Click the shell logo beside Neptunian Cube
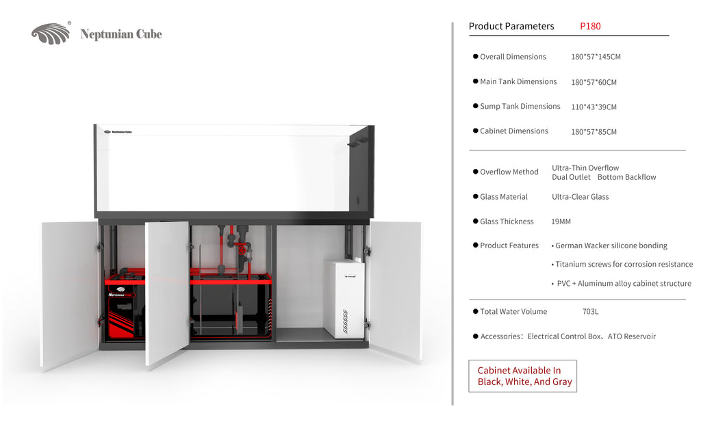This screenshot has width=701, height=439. pyautogui.click(x=51, y=34)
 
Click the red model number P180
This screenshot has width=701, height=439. pyautogui.click(x=590, y=27)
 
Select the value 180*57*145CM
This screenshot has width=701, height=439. pyautogui.click(x=596, y=57)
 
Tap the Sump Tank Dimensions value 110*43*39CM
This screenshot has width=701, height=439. pyautogui.click(x=594, y=107)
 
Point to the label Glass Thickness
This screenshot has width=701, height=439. pyautogui.click(x=507, y=222)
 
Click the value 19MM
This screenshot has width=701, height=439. pyautogui.click(x=561, y=222)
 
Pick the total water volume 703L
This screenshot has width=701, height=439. pyautogui.click(x=590, y=312)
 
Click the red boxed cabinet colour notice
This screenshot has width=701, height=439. pyautogui.click(x=522, y=376)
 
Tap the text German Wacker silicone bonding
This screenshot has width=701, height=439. pyautogui.click(x=611, y=245)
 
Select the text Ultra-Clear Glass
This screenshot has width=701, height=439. pyautogui.click(x=580, y=197)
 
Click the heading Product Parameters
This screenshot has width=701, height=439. pyautogui.click(x=511, y=27)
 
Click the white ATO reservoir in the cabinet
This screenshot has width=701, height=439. pyautogui.click(x=345, y=298)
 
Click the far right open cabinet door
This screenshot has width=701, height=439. pyautogui.click(x=395, y=291)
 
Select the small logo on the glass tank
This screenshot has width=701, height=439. pyautogui.click(x=118, y=132)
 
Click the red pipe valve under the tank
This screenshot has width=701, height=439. pyautogui.click(x=242, y=249)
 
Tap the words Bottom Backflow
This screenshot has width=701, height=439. pyautogui.click(x=627, y=177)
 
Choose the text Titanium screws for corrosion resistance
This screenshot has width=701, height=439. pyautogui.click(x=624, y=265)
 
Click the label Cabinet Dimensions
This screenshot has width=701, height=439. pyautogui.click(x=513, y=131)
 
